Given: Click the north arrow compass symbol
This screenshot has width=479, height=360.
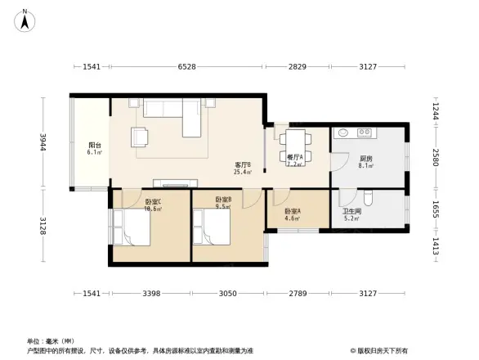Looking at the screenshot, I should click(x=25, y=20).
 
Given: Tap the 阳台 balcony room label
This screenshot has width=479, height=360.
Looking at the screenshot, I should click(x=94, y=149).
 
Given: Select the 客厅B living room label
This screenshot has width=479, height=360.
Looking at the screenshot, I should click(x=242, y=168).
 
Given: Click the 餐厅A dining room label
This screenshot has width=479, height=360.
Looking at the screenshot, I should click(x=294, y=160).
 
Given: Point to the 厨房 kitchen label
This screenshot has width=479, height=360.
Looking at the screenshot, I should click(x=366, y=161).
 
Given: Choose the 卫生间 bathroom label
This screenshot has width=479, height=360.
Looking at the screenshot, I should click(x=352, y=214).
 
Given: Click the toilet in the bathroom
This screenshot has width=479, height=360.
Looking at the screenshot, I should click(x=369, y=197).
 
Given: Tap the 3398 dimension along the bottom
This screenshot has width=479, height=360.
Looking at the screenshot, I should click(x=151, y=293).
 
